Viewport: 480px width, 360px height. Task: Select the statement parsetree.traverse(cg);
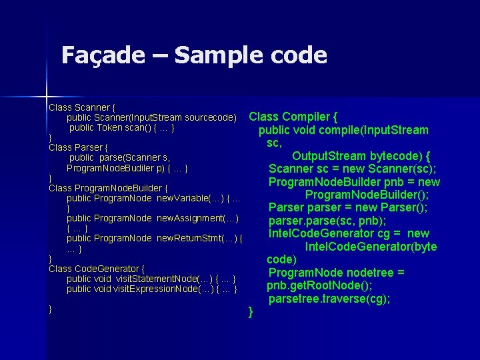click(329, 299)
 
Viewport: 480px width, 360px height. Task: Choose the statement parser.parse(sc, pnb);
click(327, 221)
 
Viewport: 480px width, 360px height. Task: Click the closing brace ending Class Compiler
click(250, 311)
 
